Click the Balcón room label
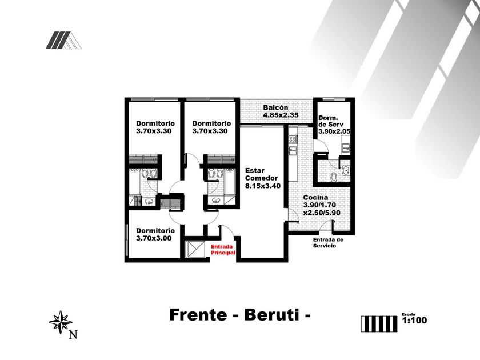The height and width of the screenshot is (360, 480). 275,108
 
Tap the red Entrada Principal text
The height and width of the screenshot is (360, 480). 223,249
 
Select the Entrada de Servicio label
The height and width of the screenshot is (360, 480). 328,242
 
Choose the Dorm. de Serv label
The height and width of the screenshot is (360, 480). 330,124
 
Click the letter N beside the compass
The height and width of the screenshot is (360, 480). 73,335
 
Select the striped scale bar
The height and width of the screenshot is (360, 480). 379,323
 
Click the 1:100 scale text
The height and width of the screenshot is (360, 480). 414,321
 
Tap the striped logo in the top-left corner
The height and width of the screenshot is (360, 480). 63,40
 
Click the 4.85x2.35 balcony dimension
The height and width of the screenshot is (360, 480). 281,115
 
